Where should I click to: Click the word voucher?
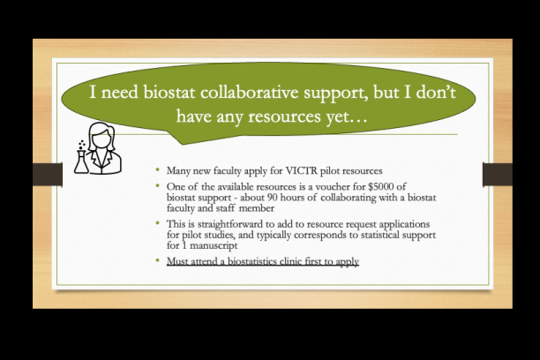(334, 187)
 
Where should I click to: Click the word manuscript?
(214, 246)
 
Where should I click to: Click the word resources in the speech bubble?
(284, 117)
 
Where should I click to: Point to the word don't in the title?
(436, 93)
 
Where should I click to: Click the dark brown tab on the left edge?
(48, 175)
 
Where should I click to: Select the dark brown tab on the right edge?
(498, 175)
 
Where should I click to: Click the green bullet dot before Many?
(158, 169)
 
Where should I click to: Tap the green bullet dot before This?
(158, 223)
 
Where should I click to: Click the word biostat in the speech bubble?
(169, 93)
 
